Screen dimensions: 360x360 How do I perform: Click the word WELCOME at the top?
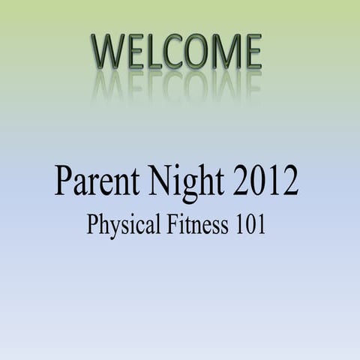pyautogui.click(x=177, y=52)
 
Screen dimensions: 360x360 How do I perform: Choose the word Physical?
pyautogui.click(x=122, y=225)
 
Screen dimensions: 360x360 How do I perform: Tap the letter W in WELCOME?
pyautogui.click(x=109, y=52)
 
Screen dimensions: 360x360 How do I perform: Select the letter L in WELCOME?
pyautogui.click(x=154, y=52)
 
